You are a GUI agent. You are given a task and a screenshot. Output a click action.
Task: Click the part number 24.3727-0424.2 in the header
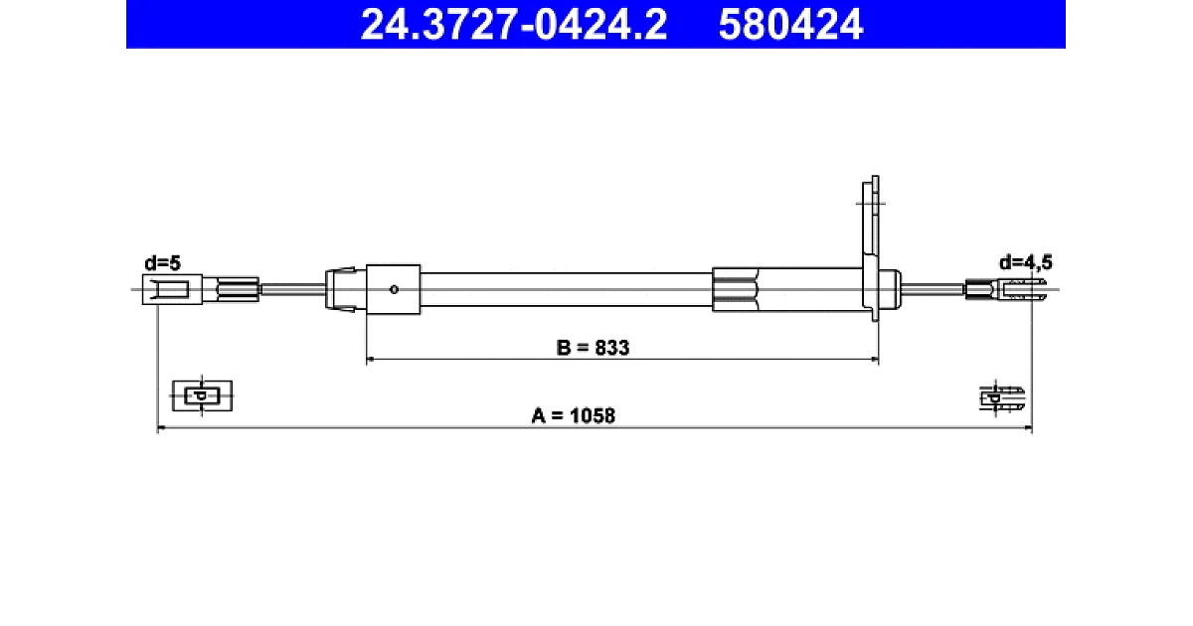coord(513,25)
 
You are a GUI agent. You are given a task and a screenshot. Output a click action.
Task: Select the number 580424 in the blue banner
coord(790,25)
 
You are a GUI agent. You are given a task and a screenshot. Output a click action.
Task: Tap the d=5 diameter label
coord(162,263)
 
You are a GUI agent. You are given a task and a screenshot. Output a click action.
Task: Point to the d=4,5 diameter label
coord(1026,262)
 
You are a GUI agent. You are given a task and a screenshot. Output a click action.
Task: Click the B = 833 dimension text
coord(593,348)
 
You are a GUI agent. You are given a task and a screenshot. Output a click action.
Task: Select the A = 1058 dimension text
coord(573,415)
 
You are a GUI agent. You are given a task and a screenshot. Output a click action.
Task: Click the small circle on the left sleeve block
coord(394,289)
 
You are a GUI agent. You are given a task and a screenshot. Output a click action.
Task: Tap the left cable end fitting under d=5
coord(173,289)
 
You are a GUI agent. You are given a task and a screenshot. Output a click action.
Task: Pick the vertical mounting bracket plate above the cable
coord(871,248)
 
